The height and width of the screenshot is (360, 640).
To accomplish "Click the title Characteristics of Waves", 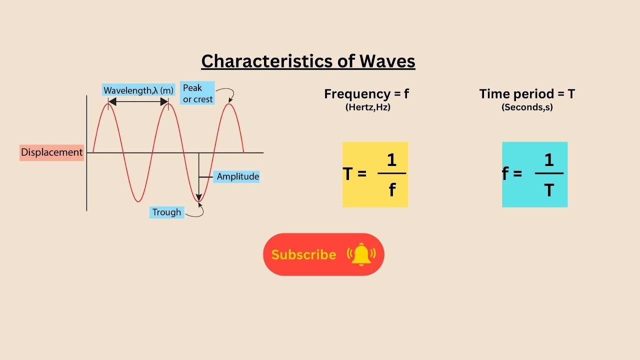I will (x=308, y=61).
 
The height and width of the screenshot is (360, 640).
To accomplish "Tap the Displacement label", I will (x=51, y=152).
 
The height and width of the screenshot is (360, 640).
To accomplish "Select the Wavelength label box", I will (x=137, y=90).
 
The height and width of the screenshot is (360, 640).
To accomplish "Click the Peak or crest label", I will (x=197, y=93).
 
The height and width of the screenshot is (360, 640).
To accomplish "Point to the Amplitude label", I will (x=237, y=176).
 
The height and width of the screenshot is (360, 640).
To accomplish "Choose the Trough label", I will (x=166, y=212).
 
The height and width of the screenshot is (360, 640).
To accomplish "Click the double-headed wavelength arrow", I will (x=138, y=101).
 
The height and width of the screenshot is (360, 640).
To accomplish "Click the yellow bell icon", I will (x=361, y=254).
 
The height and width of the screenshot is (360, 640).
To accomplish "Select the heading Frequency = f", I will (x=367, y=94).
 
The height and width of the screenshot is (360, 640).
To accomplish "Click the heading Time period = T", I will (x=527, y=94).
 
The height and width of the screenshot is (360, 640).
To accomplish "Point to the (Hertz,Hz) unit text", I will (x=367, y=107).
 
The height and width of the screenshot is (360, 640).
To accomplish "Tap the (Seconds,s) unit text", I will (x=527, y=107).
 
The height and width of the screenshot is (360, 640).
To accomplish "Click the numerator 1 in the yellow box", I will (x=391, y=160).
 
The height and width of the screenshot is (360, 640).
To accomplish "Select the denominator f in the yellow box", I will (x=392, y=190).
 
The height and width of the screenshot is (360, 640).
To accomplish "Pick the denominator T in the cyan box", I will (x=549, y=190).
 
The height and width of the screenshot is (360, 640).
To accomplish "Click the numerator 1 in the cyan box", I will (x=549, y=160).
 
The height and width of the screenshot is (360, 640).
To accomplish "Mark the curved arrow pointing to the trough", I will (x=196, y=212).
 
